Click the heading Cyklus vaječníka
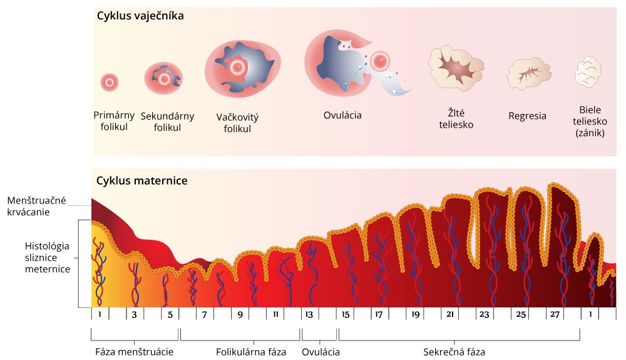pos(140,16)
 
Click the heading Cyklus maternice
pos(142,181)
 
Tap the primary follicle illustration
pos(110,81)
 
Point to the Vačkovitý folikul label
pos(237,123)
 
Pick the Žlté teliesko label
pos(455,118)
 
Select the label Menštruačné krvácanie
pos(38,206)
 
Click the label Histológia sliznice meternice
pos(47,256)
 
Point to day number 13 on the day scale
pos(309,314)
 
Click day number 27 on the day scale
pos(555,314)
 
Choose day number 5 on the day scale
pos(170,314)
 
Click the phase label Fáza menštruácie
pos(134,351)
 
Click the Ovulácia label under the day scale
pos(321,351)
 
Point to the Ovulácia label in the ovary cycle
pos(342,115)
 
